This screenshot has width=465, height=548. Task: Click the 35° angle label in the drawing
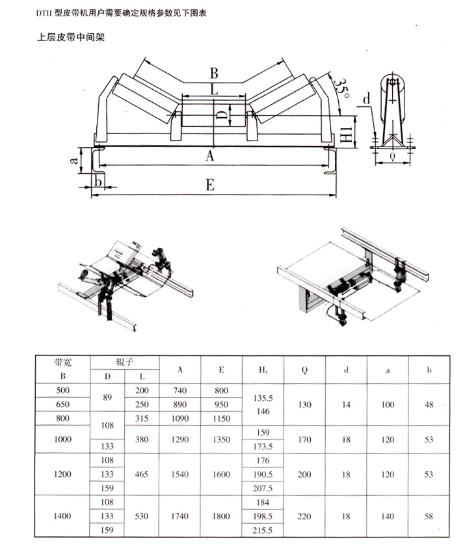tap(341, 87)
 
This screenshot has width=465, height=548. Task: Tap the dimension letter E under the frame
tap(209, 185)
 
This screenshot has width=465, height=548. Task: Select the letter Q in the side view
tap(392, 156)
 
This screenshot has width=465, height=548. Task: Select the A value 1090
tap(179, 418)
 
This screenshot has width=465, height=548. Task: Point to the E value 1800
tap(221, 515)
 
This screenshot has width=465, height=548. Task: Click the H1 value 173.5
tap(263, 446)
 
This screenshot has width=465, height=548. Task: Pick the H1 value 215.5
tap(263, 530)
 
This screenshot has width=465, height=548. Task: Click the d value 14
tap(346, 404)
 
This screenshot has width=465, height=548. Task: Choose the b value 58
tap(429, 515)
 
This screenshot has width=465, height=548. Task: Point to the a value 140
tap(388, 515)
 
